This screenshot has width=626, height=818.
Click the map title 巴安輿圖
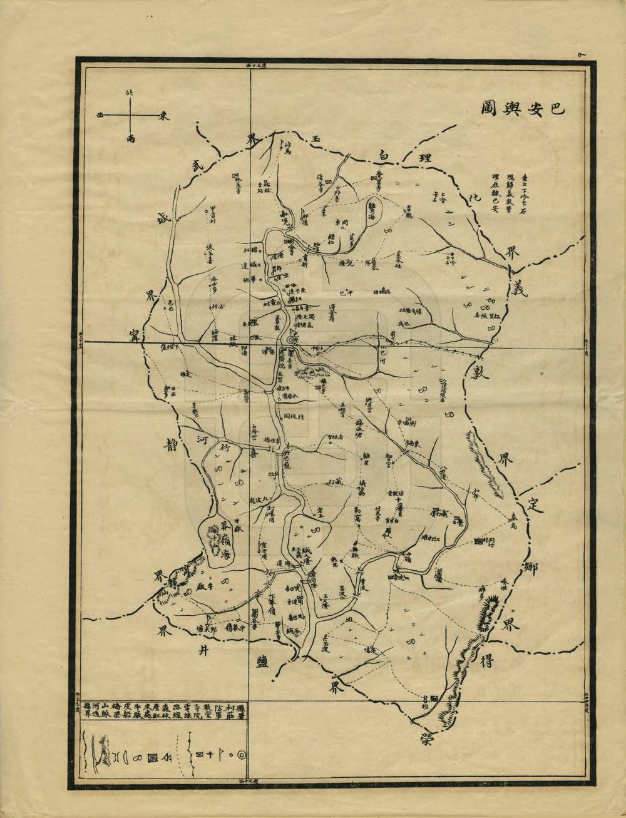tap(523, 108)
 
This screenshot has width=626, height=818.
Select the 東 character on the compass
tap(162, 116)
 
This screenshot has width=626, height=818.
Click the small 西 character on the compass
tap(100, 115)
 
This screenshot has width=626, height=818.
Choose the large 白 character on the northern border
tap(382, 154)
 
